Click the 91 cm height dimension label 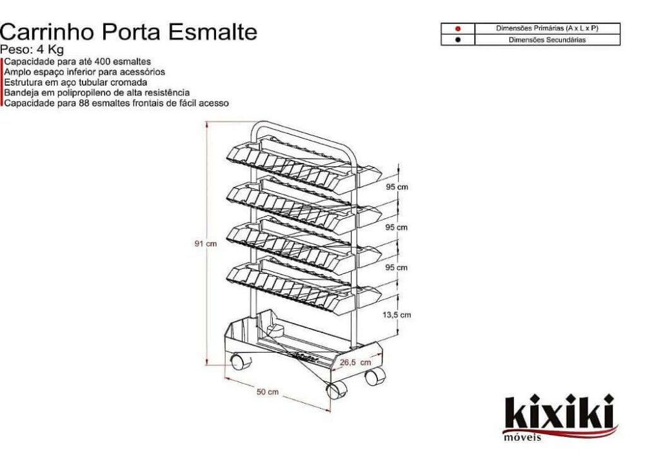coord(205,244)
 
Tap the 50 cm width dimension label coord(268,392)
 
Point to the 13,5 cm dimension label coord(397,315)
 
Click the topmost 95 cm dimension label coord(397,187)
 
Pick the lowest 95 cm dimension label coord(397,267)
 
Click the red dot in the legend coord(457,29)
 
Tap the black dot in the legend coord(457,40)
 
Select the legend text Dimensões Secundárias coord(547,40)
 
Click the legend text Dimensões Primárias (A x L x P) coord(547,29)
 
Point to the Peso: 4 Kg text coord(32,50)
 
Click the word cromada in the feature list coord(129,82)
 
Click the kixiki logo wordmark coord(559,412)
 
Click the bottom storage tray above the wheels coord(290,338)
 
